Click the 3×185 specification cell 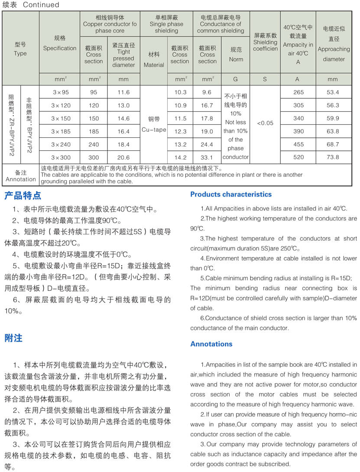[x=61, y=131]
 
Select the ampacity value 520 [x=298, y=157]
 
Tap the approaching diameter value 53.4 [x=333, y=92]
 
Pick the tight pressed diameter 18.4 [x=123, y=144]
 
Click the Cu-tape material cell [x=154, y=124]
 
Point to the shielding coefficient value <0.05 [x=265, y=123]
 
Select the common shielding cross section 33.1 [x=207, y=157]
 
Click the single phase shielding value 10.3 [x=180, y=92]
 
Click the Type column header [x=20, y=49]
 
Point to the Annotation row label [x=21, y=176]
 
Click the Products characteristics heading [x=231, y=194]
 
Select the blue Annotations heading [x=211, y=344]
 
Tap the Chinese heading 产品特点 [x=23, y=195]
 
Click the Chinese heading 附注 [x=13, y=338]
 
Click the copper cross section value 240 [x=94, y=144]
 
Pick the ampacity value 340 [x=298, y=118]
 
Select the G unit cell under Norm [x=236, y=79]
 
